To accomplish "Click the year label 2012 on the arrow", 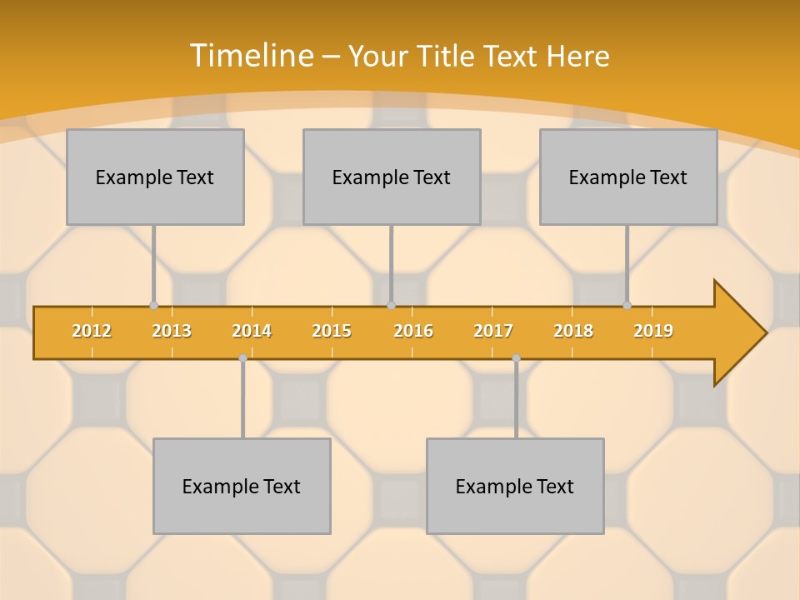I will point(92,331).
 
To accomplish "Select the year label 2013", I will point(172,331).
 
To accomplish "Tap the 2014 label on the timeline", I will point(252,331).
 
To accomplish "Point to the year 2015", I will point(332,331).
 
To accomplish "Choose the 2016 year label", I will point(413,331).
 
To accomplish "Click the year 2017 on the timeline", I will point(493,331).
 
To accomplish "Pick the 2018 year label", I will point(573,331).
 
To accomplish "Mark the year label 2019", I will point(653,331).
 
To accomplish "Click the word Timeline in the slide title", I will point(251,55).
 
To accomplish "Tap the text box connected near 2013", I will point(155,177).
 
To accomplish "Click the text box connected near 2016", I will point(392,177).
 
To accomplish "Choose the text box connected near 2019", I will point(628,177).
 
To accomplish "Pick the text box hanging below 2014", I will point(242,486).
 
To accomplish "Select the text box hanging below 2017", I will point(515,486).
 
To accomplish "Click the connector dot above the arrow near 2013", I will point(153,306).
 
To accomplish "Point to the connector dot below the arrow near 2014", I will point(242,357).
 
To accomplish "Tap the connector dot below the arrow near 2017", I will point(516,357).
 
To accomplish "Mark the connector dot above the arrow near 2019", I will point(627,306).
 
